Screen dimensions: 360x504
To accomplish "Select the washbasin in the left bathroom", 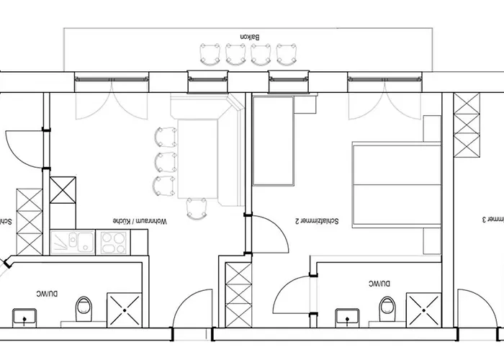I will pyautogui.click(x=30, y=315).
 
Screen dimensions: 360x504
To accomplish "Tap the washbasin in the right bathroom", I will pyautogui.click(x=349, y=315).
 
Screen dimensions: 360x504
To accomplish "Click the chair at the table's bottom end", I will pyautogui.click(x=196, y=209).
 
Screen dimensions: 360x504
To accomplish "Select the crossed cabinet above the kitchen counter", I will pyautogui.click(x=63, y=189).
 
